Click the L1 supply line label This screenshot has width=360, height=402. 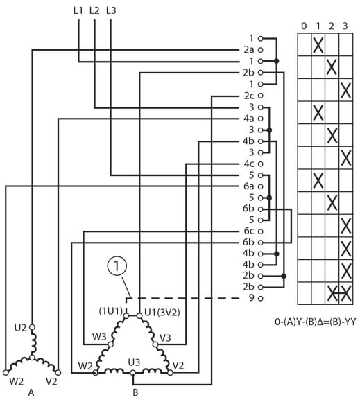(78, 11)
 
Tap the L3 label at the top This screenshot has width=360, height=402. (111, 11)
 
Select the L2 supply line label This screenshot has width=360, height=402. (94, 11)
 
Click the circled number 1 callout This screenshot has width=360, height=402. (117, 266)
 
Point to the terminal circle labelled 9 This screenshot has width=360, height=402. (260, 299)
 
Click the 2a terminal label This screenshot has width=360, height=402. (248, 50)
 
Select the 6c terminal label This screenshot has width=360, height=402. (248, 231)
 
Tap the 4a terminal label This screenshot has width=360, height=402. (248, 119)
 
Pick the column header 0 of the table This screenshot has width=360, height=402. (304, 26)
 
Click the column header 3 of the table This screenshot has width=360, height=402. (345, 26)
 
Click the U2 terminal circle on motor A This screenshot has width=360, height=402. (32, 327)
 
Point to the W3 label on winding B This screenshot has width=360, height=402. (99, 337)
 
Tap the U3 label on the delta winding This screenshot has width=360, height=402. (134, 362)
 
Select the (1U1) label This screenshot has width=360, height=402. (111, 311)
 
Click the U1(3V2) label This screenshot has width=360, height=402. (162, 313)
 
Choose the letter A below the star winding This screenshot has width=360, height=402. (31, 392)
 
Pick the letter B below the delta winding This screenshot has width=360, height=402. (135, 392)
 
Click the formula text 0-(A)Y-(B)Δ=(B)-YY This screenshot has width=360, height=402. (316, 322)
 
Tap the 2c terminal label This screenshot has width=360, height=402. (248, 96)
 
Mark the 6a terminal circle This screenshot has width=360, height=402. (260, 186)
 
